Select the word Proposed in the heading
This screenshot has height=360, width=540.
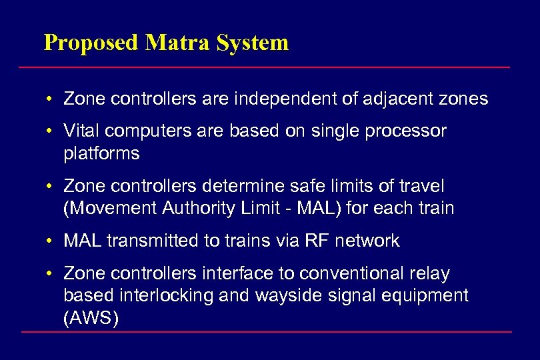tap(91, 43)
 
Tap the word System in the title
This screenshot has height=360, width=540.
tap(254, 43)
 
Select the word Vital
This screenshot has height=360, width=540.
tap(81, 131)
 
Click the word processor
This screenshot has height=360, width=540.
tap(406, 131)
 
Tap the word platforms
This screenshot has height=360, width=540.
tap(101, 154)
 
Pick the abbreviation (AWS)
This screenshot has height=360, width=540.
tap(91, 319)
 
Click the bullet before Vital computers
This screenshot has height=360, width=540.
tap(51, 131)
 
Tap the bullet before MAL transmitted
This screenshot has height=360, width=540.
tap(51, 241)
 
